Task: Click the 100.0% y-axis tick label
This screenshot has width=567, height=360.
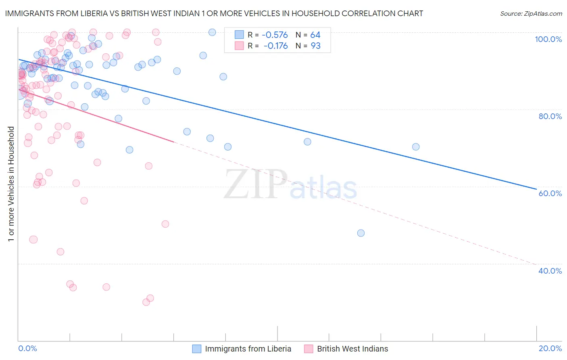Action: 548,39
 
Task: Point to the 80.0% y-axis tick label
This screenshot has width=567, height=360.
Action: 550,116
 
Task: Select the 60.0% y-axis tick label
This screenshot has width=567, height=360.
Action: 550,193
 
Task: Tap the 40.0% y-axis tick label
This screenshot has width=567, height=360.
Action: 550,271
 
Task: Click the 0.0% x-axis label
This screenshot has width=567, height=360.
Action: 27,348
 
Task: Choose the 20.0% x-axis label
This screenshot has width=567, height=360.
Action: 550,348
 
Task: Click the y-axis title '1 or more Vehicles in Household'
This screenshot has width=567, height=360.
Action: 11,184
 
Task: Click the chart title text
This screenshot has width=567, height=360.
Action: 214,13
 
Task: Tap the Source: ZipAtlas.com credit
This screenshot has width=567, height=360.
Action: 531,14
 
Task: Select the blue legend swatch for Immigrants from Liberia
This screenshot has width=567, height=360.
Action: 196,349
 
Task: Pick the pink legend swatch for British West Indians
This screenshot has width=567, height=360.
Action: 309,349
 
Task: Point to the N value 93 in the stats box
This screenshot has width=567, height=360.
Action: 315,46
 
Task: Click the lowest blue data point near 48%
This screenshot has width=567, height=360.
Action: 361,233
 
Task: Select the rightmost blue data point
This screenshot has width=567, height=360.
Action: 416,147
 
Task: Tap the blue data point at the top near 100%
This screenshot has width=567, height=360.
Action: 212,32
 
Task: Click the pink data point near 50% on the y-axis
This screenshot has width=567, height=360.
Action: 165,224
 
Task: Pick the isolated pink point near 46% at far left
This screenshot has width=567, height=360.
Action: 33,240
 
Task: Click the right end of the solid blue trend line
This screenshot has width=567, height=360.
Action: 536,189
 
